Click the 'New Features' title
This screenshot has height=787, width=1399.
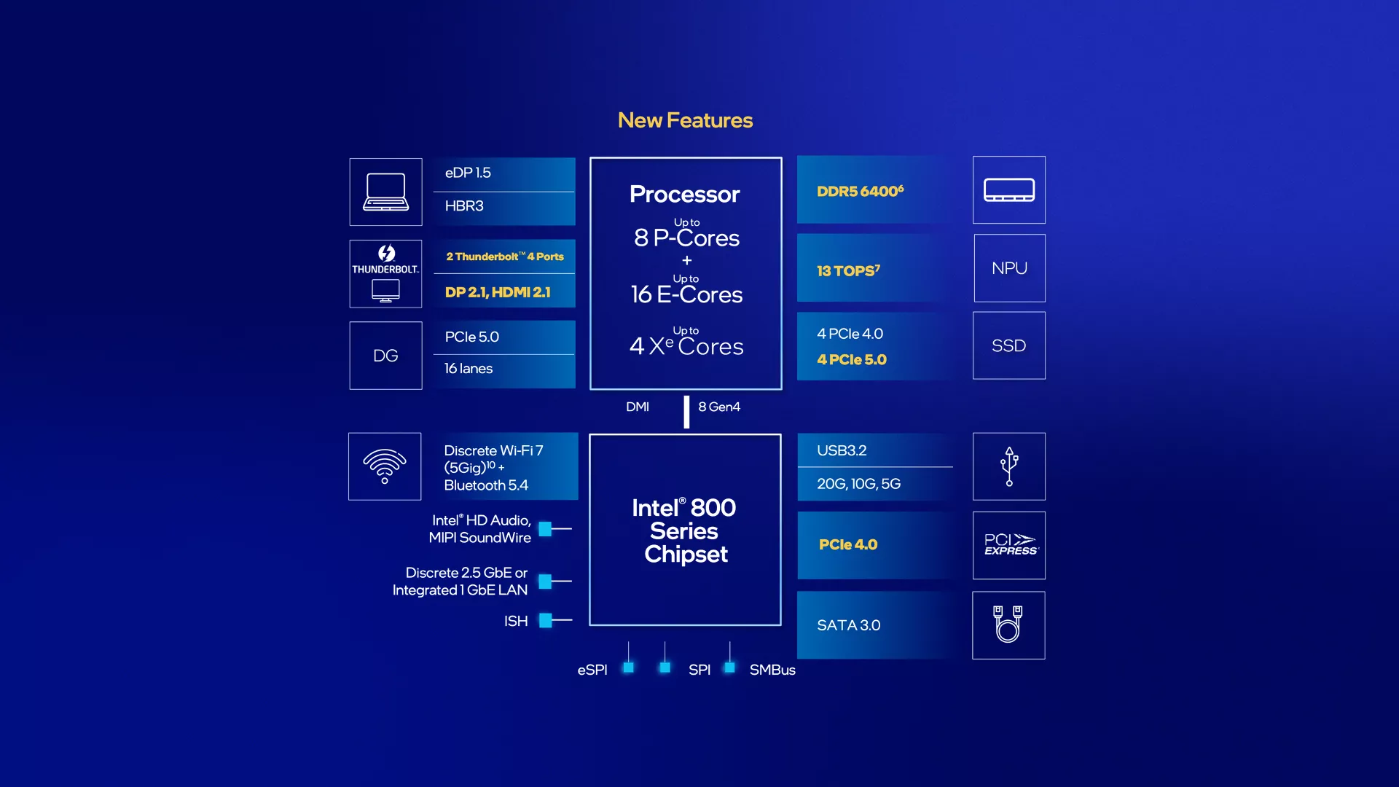pos(685,120)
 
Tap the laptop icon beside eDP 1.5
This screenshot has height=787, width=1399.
pos(385,192)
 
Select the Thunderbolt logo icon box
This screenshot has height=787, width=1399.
pos(385,273)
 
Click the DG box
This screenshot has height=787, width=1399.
pos(385,356)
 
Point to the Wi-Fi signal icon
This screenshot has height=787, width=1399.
pos(385,466)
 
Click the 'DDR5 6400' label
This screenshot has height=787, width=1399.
pos(860,191)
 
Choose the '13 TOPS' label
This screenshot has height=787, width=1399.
pos(848,270)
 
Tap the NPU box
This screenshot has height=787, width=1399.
pos(1009,268)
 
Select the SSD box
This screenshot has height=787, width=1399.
pos(1008,345)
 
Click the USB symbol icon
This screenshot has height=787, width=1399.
pos(1009,466)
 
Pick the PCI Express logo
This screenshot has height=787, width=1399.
pos(1009,545)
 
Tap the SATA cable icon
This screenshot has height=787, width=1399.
pos(1008,624)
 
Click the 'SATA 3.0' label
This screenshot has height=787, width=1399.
pos(848,625)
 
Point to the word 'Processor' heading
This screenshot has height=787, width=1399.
pos(685,194)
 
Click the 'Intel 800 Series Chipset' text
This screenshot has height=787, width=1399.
pos(685,530)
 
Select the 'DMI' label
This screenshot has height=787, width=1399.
pos(638,407)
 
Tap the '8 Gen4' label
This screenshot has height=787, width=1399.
pos(719,407)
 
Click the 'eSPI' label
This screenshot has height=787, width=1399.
pos(592,670)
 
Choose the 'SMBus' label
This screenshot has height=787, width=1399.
pos(772,670)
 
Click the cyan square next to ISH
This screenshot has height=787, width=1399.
pos(545,620)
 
